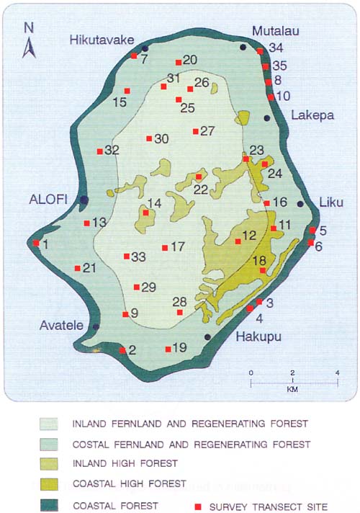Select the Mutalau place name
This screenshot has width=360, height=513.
point(274,30)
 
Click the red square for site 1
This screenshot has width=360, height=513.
point(36,244)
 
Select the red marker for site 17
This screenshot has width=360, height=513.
point(165,248)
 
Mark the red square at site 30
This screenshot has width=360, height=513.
point(149,138)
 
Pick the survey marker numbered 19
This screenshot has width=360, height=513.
point(168,349)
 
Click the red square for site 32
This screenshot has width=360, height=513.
point(99,151)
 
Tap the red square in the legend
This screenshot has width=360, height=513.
point(197,507)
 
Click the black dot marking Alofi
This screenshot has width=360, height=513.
point(84,200)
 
